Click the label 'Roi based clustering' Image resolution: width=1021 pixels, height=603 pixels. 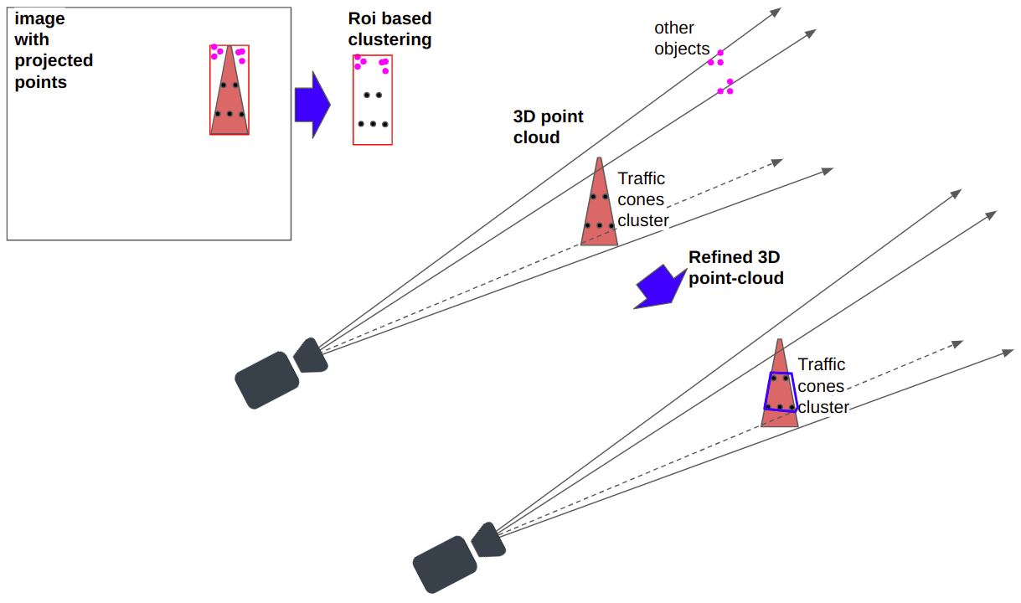click(389, 29)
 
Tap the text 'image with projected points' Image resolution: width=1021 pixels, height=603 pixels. click(54, 50)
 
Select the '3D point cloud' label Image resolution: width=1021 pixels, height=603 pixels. click(548, 126)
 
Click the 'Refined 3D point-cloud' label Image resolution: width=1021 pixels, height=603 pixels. click(735, 268)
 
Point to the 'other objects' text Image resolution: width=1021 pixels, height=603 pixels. click(681, 39)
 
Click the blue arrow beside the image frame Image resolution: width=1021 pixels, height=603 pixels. click(312, 104)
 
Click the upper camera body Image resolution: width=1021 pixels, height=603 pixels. click(266, 379)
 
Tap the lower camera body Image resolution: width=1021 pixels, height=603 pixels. click(445, 564)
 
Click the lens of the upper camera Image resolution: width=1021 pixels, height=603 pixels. click(309, 356)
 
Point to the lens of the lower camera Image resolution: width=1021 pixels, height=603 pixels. click(488, 540)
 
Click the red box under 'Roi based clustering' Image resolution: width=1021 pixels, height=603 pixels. click(373, 100)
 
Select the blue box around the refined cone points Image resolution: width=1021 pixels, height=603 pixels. click(780, 391)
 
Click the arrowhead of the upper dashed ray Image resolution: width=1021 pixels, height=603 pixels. click(777, 161)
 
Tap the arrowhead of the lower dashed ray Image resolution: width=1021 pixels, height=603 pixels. click(957, 344)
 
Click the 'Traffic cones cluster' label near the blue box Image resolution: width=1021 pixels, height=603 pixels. click(822, 386)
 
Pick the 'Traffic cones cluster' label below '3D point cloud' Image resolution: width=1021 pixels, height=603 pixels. click(643, 200)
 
